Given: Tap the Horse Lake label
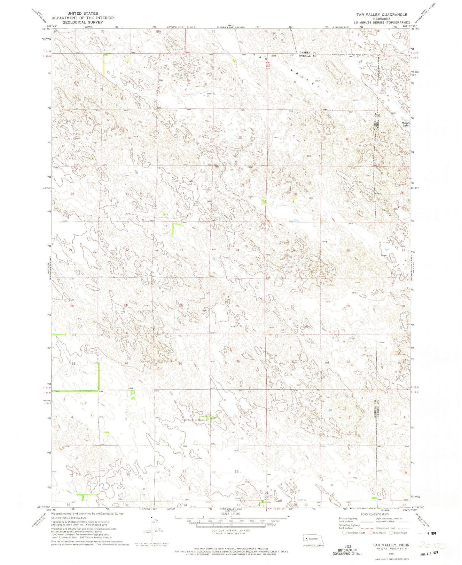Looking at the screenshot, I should tap(405, 124).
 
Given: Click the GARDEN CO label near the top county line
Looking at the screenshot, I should tap(308, 52).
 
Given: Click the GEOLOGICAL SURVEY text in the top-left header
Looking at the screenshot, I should tap(82, 22).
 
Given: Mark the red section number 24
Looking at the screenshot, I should tap(237, 250).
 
